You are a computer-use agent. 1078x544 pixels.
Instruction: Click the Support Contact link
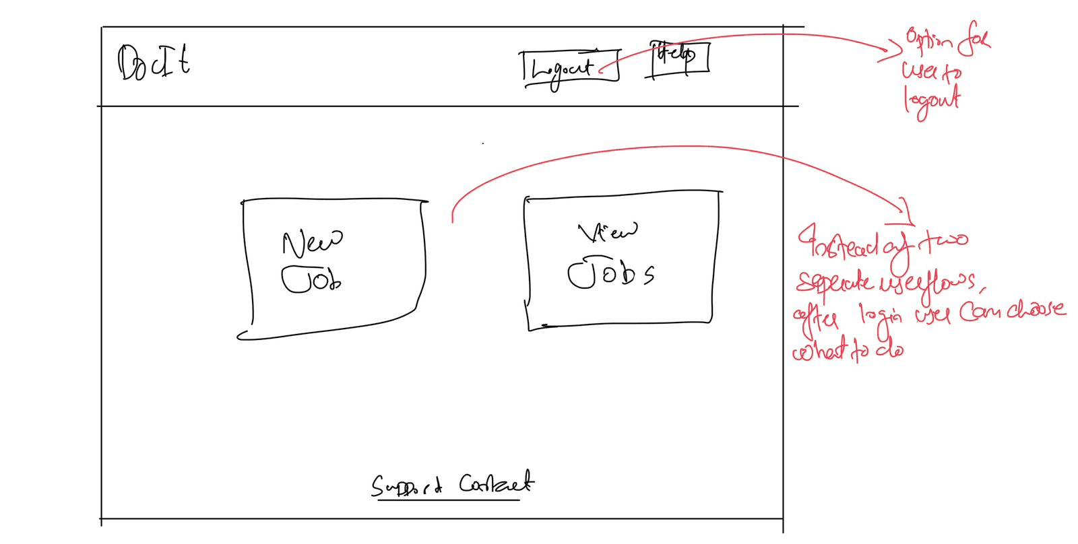click(x=452, y=485)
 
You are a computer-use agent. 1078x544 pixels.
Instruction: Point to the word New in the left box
click(x=312, y=242)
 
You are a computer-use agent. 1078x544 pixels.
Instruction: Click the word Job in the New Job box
click(x=311, y=279)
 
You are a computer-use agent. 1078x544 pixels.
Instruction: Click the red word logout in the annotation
click(x=932, y=102)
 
